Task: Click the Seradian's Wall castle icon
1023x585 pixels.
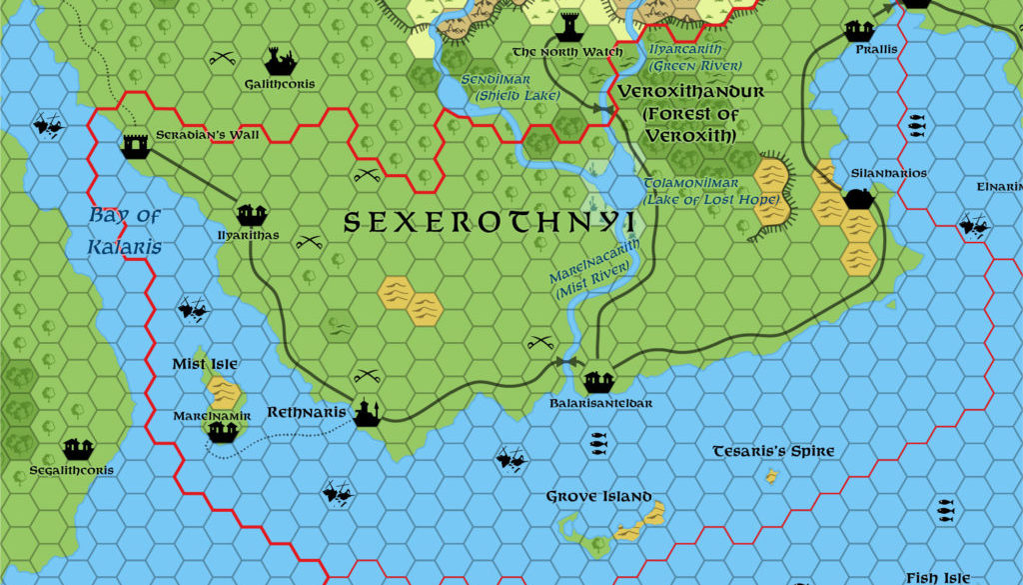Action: [136, 146]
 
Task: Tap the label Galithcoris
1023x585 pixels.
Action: [279, 85]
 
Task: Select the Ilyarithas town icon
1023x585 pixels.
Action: [251, 214]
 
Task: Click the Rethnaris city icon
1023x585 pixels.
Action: [368, 411]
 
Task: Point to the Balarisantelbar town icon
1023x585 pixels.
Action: [598, 381]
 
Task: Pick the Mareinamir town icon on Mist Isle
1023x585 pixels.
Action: [222, 431]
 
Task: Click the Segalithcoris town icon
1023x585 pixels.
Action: [78, 449]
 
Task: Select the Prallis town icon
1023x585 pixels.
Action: [860, 30]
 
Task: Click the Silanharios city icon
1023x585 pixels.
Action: [859, 197]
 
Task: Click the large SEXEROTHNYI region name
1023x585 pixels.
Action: [490, 223]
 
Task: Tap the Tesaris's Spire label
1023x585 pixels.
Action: [773, 452]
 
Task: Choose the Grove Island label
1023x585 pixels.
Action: [598, 497]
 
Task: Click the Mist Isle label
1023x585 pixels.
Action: [205, 365]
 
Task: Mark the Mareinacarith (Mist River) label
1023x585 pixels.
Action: [593, 270]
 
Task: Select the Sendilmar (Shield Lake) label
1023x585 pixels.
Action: [509, 87]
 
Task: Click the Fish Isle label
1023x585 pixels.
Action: [937, 578]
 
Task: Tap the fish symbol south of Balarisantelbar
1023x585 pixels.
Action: [598, 438]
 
